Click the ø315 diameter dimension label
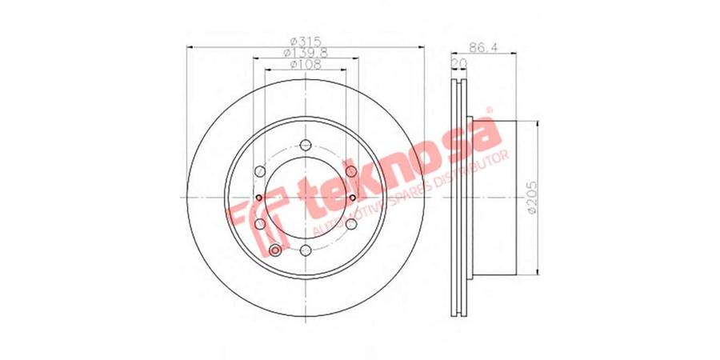tap(306, 42)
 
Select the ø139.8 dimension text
tap(306, 53)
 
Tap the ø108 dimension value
tap(306, 64)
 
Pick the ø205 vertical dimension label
tap(532, 198)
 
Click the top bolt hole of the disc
tap(306, 145)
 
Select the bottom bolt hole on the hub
tap(306, 250)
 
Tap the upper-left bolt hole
tap(260, 171)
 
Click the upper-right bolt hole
tap(351, 171)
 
